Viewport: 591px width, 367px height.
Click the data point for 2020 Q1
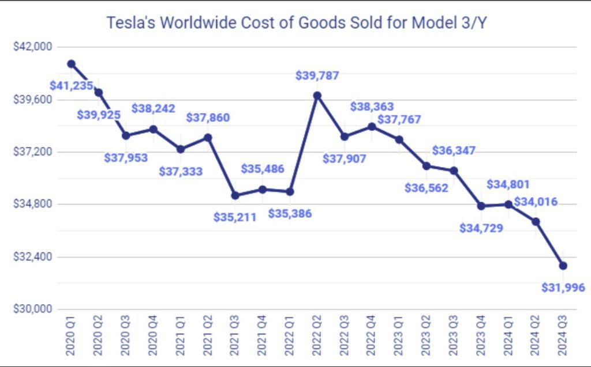pyautogui.click(x=71, y=63)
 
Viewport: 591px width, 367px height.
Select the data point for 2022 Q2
pyautogui.click(x=317, y=95)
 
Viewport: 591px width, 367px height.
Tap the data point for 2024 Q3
pyautogui.click(x=563, y=266)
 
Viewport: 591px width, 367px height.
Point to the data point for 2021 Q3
pyautogui.click(x=235, y=195)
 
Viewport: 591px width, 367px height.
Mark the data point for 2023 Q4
pyautogui.click(x=481, y=206)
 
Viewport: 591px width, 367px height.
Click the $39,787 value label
pyautogui.click(x=317, y=75)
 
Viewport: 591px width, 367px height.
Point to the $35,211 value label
pyautogui.click(x=234, y=218)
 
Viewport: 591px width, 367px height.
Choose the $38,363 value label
pyautogui.click(x=372, y=107)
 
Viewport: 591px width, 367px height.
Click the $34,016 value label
pyautogui.click(x=536, y=202)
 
